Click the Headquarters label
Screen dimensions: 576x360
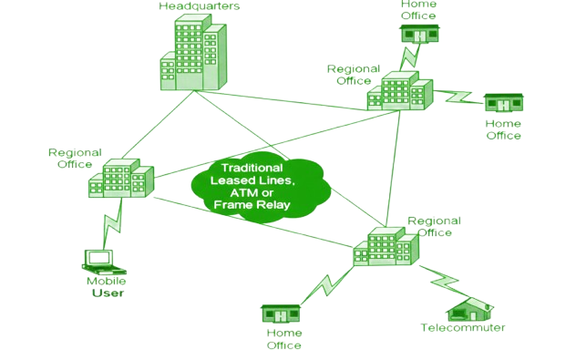pyautogui.click(x=199, y=6)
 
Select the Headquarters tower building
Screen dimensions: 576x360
pyautogui.click(x=193, y=52)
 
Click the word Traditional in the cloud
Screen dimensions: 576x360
pyautogui.click(x=252, y=168)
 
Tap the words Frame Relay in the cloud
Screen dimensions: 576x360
pyautogui.click(x=252, y=205)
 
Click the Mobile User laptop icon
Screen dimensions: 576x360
pyautogui.click(x=104, y=262)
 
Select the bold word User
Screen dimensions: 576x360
pyautogui.click(x=108, y=293)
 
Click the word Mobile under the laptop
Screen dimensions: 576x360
pyautogui.click(x=106, y=281)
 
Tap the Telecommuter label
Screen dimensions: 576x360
pyautogui.click(x=463, y=327)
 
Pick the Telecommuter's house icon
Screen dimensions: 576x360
pyautogui.click(x=470, y=310)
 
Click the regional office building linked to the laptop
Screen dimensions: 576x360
pyautogui.click(x=121, y=178)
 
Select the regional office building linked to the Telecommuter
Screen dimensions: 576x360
pyautogui.click(x=386, y=246)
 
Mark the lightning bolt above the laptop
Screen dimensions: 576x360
pyautogui.click(x=112, y=224)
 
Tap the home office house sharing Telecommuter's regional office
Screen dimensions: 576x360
pyautogui.click(x=281, y=314)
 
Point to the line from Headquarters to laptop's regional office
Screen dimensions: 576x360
pyautogui.click(x=158, y=125)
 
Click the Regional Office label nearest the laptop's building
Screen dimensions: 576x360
pyautogui.click(x=75, y=159)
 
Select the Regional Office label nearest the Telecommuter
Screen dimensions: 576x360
pyautogui.click(x=434, y=227)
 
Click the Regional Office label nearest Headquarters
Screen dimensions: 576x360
pyautogui.click(x=354, y=75)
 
